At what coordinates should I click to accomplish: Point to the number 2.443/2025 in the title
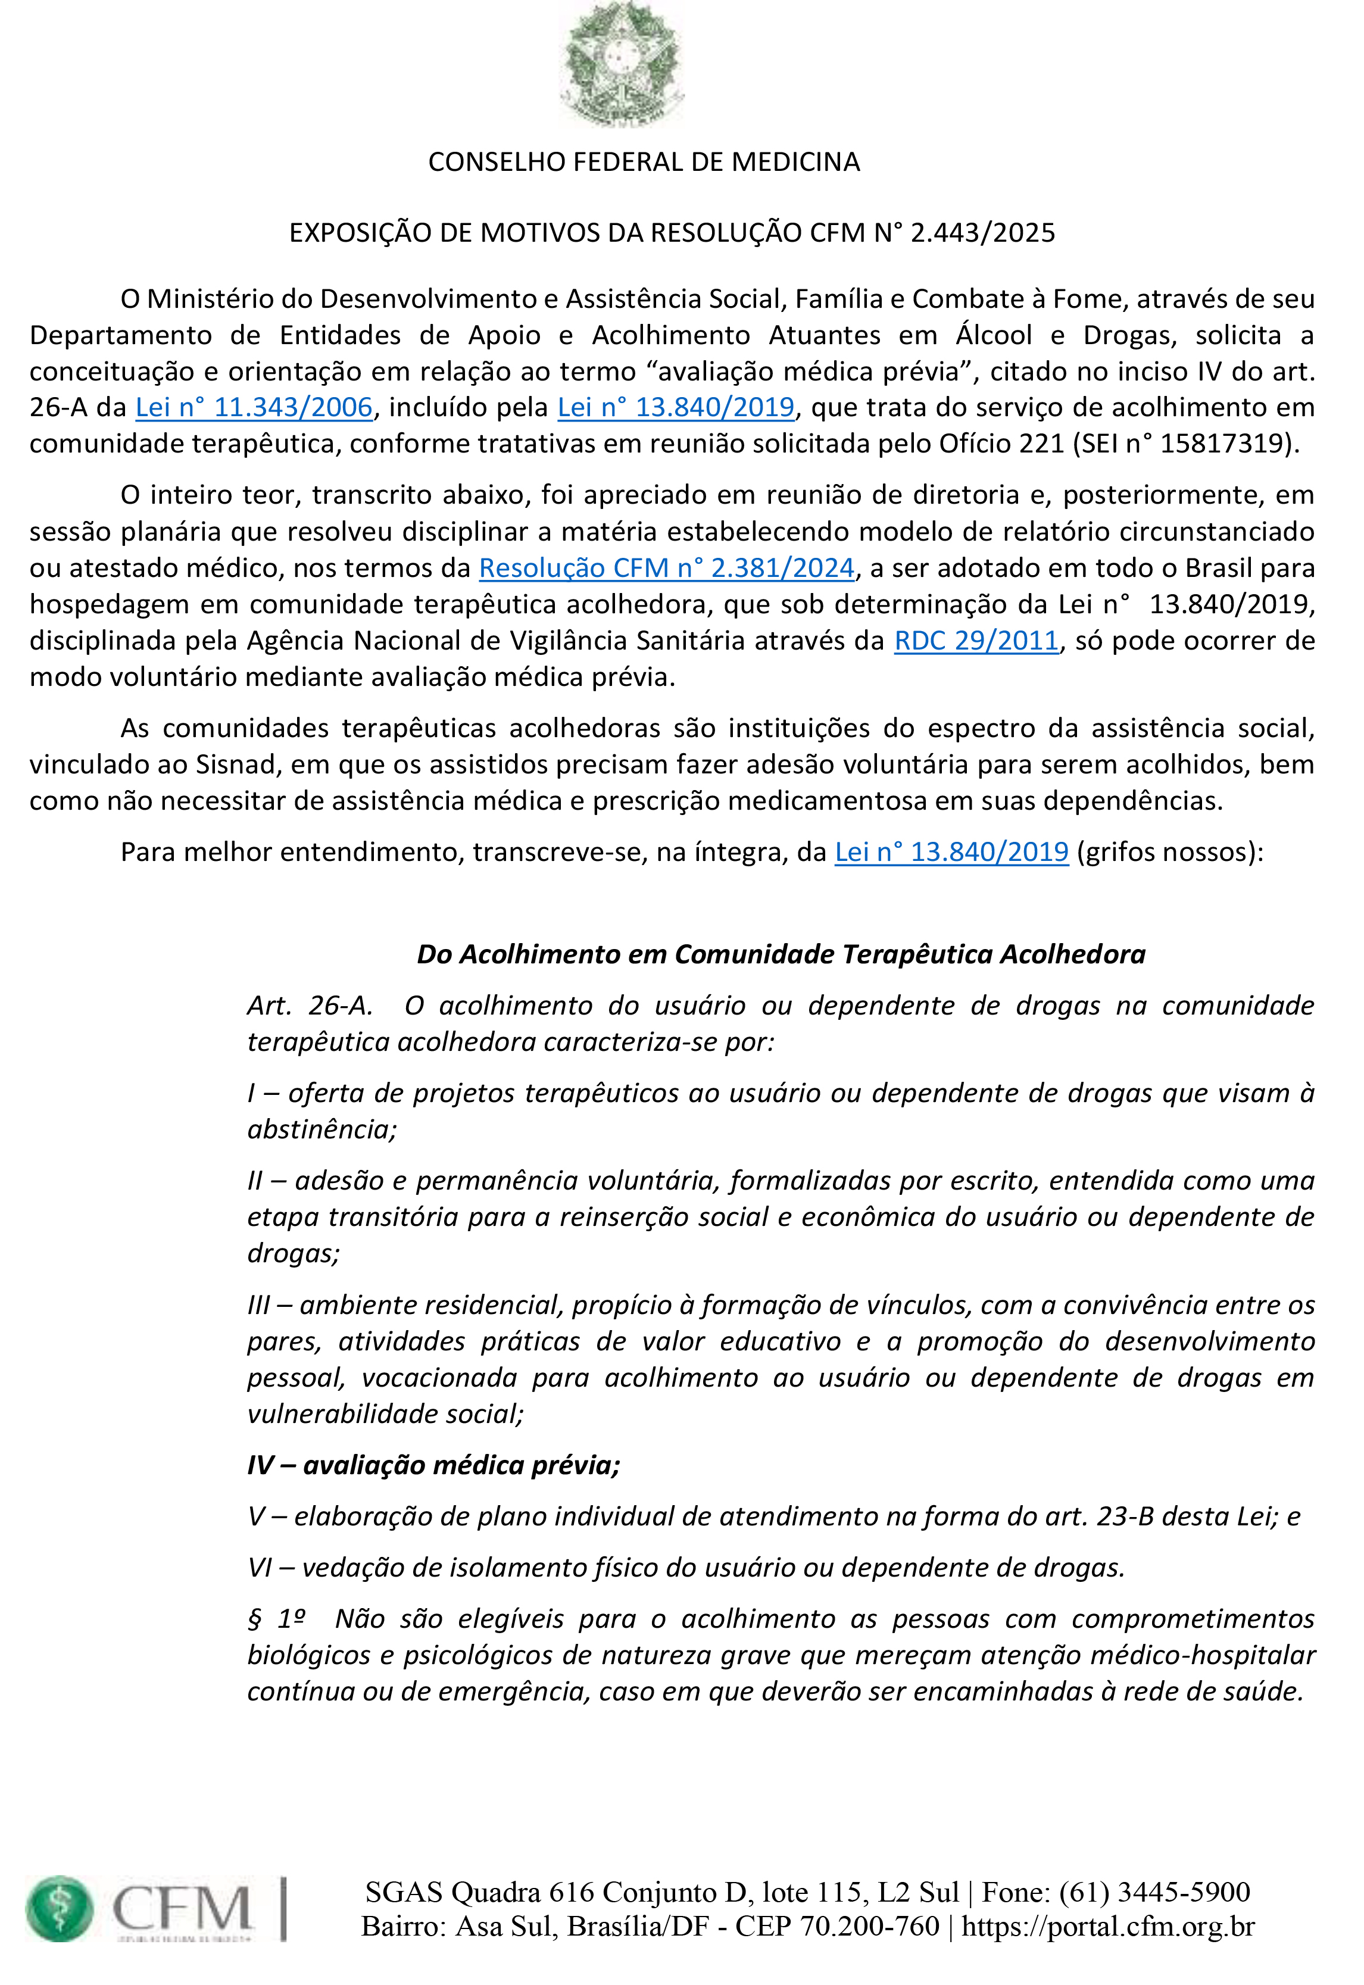pos(983,233)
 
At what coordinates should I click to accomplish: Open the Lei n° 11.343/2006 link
pos(254,408)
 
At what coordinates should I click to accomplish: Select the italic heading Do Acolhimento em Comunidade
pos(781,954)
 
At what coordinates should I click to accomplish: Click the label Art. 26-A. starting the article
pos(310,1006)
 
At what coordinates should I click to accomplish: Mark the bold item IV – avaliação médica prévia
pos(433,1465)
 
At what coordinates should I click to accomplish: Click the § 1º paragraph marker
pos(276,1619)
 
